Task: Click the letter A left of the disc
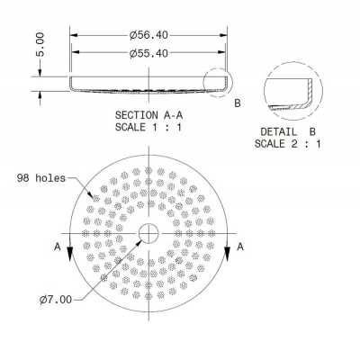tap(57, 245)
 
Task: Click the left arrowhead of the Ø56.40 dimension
tap(74, 35)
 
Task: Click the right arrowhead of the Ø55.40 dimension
tap(223, 54)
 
